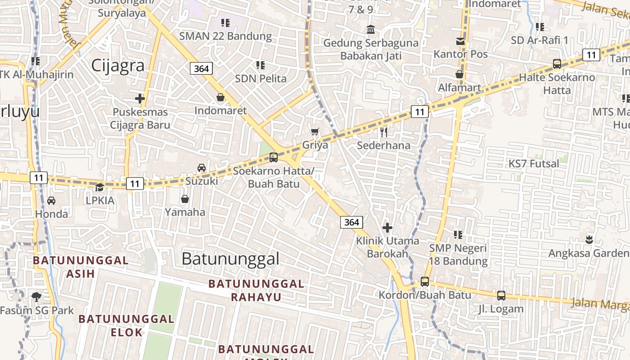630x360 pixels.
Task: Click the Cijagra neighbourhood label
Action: pyautogui.click(x=118, y=66)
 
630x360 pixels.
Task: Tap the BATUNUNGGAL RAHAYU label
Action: pyautogui.click(x=256, y=290)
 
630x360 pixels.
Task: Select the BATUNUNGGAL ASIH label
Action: pyautogui.click(x=81, y=267)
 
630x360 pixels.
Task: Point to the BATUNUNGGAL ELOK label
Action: pyautogui.click(x=126, y=325)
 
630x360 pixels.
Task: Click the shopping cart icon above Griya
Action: pyautogui.click(x=315, y=131)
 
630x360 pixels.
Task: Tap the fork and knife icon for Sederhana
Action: pyautogui.click(x=384, y=132)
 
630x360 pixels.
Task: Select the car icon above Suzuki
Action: pyautogui.click(x=202, y=168)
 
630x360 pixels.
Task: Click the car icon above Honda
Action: pyautogui.click(x=51, y=201)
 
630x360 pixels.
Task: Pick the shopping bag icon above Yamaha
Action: pyautogui.click(x=184, y=199)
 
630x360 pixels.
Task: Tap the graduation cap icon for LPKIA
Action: pyautogui.click(x=99, y=187)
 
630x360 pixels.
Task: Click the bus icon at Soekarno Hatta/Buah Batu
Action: pyautogui.click(x=273, y=157)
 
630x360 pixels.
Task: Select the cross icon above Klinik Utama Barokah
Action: pyautogui.click(x=387, y=228)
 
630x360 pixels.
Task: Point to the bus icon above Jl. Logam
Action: pyautogui.click(x=501, y=296)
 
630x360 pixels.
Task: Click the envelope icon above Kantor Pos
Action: pyautogui.click(x=460, y=41)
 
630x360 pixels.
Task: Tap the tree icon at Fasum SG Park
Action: pyautogui.click(x=36, y=297)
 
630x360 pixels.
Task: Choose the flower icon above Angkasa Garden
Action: pyautogui.click(x=589, y=239)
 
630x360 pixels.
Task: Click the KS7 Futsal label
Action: pyautogui.click(x=534, y=163)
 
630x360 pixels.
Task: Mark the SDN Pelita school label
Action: pyautogui.click(x=261, y=78)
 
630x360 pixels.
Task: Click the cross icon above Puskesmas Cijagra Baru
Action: pyautogui.click(x=140, y=99)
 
